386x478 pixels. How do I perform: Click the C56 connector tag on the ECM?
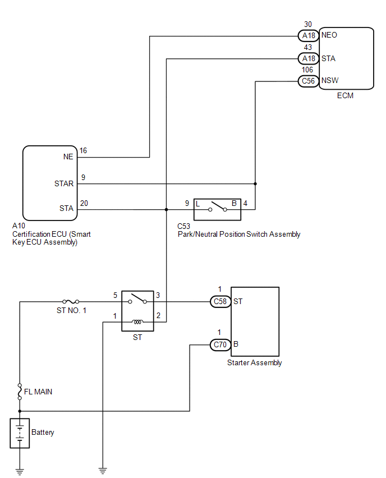click(x=308, y=81)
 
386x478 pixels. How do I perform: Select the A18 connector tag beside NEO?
click(x=308, y=36)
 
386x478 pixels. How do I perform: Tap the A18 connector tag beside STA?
click(x=308, y=58)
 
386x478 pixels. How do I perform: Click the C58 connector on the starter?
click(x=220, y=301)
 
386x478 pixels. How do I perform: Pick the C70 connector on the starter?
click(x=220, y=345)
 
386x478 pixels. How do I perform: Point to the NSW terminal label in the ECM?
click(x=330, y=80)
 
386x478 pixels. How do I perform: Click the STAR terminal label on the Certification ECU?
click(x=64, y=183)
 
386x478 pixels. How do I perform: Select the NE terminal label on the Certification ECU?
click(x=68, y=157)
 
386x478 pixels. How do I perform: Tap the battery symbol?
click(x=20, y=433)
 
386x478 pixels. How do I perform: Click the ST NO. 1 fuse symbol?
click(x=71, y=302)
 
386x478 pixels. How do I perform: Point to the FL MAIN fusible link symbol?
click(x=20, y=392)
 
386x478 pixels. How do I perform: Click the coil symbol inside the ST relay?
click(x=137, y=322)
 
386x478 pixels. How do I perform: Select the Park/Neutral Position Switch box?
click(x=217, y=209)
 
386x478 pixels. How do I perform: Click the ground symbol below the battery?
click(x=20, y=472)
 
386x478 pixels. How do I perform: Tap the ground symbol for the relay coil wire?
click(x=103, y=471)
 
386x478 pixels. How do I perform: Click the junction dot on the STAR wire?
click(x=255, y=184)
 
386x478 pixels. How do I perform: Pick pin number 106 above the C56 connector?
click(x=307, y=70)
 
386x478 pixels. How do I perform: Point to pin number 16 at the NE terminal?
click(x=83, y=150)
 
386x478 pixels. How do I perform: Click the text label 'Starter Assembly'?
click(x=255, y=363)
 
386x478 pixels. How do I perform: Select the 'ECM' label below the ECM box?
click(x=345, y=96)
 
